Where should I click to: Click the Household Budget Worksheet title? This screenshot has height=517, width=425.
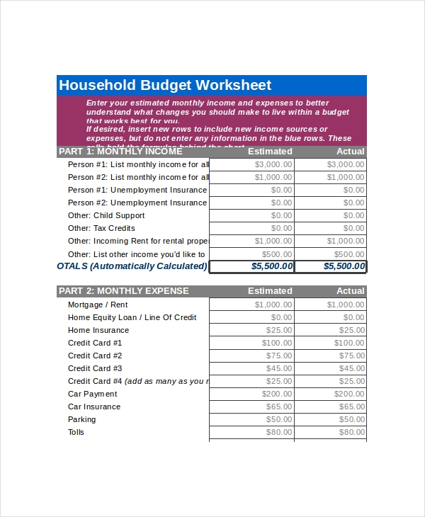point(165,86)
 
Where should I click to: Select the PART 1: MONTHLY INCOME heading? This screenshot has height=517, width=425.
point(120,152)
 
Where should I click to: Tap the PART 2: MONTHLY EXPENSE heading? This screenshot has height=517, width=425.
point(124,291)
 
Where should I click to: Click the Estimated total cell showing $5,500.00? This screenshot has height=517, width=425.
point(252,266)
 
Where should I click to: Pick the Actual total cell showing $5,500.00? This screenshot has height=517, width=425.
point(331,266)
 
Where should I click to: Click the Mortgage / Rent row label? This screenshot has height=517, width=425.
point(98,305)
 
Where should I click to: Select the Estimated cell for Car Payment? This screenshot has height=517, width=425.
point(252,394)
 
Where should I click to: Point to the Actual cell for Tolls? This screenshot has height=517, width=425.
point(331,432)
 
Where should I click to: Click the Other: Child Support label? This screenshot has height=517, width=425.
point(106,215)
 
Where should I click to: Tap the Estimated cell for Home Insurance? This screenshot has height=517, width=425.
point(252,330)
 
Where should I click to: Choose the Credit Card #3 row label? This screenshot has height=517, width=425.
point(95,368)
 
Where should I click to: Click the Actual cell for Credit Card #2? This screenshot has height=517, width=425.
point(331,356)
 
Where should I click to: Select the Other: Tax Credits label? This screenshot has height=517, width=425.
point(101,228)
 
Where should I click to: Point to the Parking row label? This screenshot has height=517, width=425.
point(82,419)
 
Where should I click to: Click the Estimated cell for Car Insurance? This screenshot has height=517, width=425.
point(252,407)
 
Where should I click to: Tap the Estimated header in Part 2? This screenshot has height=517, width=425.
point(270,291)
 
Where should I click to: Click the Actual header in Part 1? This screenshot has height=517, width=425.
point(351,152)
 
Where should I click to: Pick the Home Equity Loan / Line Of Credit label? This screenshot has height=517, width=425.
point(132,317)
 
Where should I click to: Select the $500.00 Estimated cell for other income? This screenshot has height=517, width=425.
point(252,254)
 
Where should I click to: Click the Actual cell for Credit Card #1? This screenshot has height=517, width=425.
point(331,343)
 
